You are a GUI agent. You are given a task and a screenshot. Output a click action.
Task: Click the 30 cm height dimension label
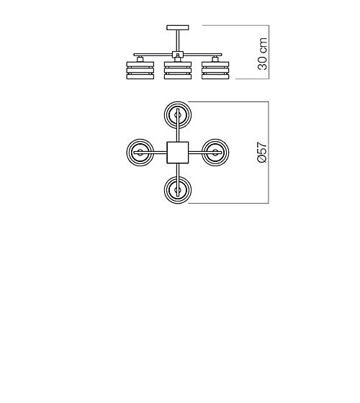(263, 54)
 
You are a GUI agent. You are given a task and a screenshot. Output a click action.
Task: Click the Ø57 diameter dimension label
(263, 152)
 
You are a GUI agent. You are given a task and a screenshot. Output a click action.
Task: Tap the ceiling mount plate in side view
(178, 27)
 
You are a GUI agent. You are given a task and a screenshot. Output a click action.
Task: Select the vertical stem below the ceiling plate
(178, 40)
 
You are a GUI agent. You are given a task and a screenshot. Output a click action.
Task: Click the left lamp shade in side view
(140, 71)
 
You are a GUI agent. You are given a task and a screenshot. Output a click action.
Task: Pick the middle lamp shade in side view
(178, 71)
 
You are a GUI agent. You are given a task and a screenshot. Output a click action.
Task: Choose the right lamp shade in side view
(215, 71)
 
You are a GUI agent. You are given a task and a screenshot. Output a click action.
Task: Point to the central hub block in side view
(178, 54)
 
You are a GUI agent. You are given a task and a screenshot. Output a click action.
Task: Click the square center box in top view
(178, 153)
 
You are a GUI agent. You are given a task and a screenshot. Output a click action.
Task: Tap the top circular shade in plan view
(178, 102)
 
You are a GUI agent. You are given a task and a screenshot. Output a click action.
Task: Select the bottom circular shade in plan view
(178, 203)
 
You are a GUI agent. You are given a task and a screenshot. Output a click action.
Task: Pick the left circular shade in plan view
(127, 153)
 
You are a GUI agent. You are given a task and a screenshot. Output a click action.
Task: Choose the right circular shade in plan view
(229, 153)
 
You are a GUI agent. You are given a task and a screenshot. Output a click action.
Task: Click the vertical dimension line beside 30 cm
(269, 52)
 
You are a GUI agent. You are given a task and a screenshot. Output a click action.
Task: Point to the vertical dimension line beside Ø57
(269, 153)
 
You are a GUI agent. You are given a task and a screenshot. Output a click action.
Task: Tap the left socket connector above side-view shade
(140, 59)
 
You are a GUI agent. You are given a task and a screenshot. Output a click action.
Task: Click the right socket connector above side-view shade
(215, 59)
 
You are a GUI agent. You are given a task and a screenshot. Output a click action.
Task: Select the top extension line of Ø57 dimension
(229, 101)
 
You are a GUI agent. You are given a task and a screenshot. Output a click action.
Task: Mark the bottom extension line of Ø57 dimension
(229, 203)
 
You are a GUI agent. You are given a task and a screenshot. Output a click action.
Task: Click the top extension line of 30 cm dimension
(235, 25)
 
